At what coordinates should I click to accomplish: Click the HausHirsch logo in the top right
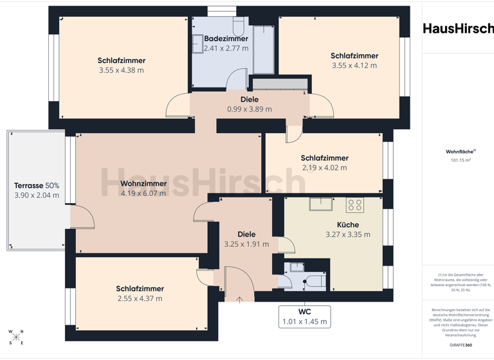click(458, 28)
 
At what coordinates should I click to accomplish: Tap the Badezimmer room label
click(226, 39)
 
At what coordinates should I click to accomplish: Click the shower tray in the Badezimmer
click(264, 50)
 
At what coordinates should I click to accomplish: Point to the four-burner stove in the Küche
click(355, 205)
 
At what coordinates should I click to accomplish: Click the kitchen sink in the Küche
click(320, 204)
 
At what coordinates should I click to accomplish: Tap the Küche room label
click(348, 224)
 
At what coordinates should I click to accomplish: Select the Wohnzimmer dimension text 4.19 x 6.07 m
click(143, 194)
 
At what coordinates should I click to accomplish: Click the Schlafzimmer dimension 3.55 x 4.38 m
click(122, 70)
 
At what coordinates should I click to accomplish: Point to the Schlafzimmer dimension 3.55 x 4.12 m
click(354, 65)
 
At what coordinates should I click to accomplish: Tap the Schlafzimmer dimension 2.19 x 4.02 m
click(324, 168)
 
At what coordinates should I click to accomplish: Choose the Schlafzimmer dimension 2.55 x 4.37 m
click(140, 298)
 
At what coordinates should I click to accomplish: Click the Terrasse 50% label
click(37, 185)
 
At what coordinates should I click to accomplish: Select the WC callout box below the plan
click(304, 316)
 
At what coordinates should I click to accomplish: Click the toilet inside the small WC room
click(315, 282)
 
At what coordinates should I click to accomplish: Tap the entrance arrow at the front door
click(240, 299)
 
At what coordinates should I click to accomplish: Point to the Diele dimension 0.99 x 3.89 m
click(250, 109)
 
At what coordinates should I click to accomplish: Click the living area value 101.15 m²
click(461, 160)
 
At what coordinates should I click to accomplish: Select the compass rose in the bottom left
click(16, 337)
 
